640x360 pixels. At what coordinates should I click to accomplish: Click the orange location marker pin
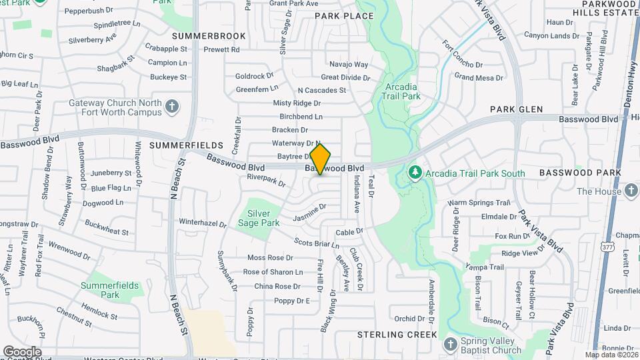tap(320, 159)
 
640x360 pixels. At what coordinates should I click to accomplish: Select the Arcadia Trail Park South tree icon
tap(415, 173)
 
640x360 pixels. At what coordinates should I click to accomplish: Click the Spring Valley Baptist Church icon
tap(450, 344)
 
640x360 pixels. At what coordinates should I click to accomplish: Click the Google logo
tap(22, 352)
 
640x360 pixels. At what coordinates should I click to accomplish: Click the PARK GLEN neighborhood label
tap(517, 109)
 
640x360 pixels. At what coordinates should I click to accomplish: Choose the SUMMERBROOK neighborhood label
tap(199, 35)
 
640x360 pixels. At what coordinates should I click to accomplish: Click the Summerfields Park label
tap(110, 289)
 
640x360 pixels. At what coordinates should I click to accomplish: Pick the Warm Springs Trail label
tap(479, 203)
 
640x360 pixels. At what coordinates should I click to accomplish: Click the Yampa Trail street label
tap(485, 267)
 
